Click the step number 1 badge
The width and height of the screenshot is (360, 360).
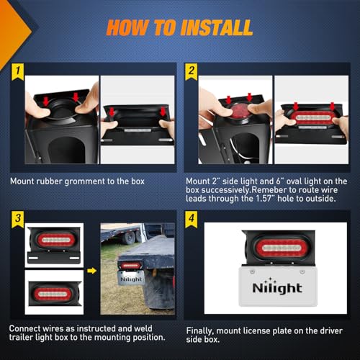point(16,71)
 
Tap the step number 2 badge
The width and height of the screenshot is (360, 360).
point(192,71)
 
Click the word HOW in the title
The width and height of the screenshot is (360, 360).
point(127,28)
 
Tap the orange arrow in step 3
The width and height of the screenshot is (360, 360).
point(91,271)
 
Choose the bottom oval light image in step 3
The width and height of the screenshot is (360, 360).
point(54,292)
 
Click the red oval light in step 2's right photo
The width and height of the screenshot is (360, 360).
point(312,117)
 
